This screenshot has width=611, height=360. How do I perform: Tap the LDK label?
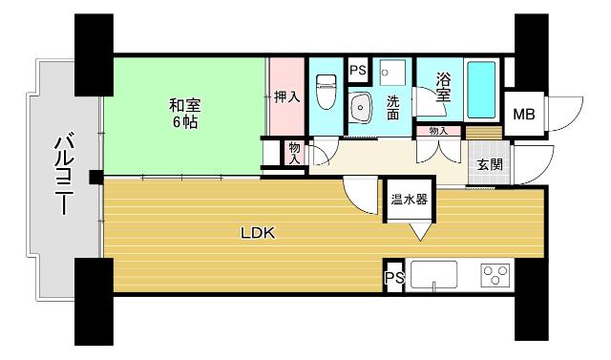pos(258,231)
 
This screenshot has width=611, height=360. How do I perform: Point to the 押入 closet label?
pos(287,96)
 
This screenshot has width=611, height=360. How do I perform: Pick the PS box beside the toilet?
pos(358,71)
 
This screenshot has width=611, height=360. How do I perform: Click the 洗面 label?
pos(392,106)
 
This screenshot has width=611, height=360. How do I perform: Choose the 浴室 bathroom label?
pos(442,88)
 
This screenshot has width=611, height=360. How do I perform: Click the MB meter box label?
pos(523,116)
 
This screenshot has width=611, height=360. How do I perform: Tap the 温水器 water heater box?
pos(408,201)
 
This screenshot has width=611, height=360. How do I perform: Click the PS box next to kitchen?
pos(393,278)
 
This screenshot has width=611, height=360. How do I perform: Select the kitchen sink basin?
pos(435,277)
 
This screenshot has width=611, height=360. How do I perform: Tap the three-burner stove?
pos(495,277)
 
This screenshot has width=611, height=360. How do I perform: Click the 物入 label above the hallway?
pos(438,131)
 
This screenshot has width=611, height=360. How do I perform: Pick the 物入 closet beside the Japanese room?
pos(294,153)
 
